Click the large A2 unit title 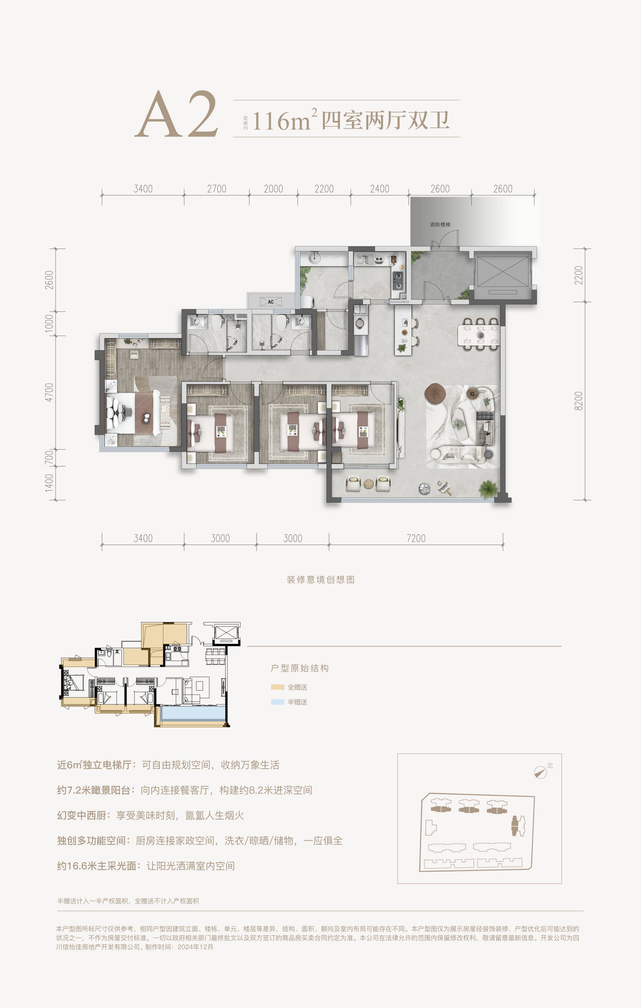(177, 114)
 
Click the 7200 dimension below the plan (416, 538)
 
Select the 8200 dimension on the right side (579, 401)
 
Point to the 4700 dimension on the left (49, 392)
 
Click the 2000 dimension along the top (273, 189)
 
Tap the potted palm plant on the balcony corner (488, 489)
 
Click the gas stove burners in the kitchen (398, 280)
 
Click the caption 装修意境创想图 (320, 580)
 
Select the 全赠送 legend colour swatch (277, 687)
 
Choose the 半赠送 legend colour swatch (277, 702)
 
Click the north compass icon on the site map (541, 772)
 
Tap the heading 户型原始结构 (300, 668)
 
